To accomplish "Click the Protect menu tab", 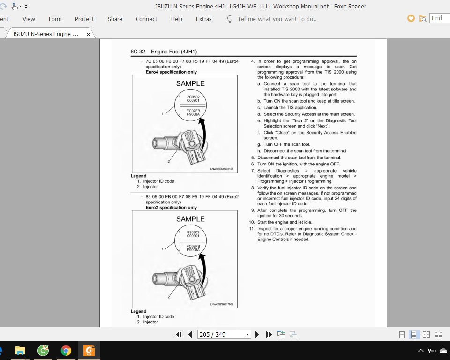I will click(x=84, y=19).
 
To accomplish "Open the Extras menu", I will click(x=203, y=19).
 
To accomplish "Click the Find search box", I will click(x=439, y=18).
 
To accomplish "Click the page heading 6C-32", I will click(x=138, y=52).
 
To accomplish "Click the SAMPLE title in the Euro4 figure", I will click(x=190, y=83).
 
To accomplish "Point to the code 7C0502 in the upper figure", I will click(x=193, y=97).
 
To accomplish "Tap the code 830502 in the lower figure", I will click(x=193, y=232).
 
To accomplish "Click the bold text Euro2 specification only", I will click(x=171, y=208).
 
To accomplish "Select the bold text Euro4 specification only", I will click(x=171, y=72).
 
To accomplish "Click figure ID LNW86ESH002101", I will click(x=222, y=169).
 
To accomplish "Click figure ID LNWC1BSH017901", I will click(x=222, y=304).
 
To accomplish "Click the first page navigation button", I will click(x=179, y=334).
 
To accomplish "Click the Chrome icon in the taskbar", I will click(x=66, y=351).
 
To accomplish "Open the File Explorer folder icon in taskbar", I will click(x=20, y=351).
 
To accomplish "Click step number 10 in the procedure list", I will click(x=252, y=222).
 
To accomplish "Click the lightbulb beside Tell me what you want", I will click(x=230, y=19).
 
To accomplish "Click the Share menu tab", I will click(x=115, y=19).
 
